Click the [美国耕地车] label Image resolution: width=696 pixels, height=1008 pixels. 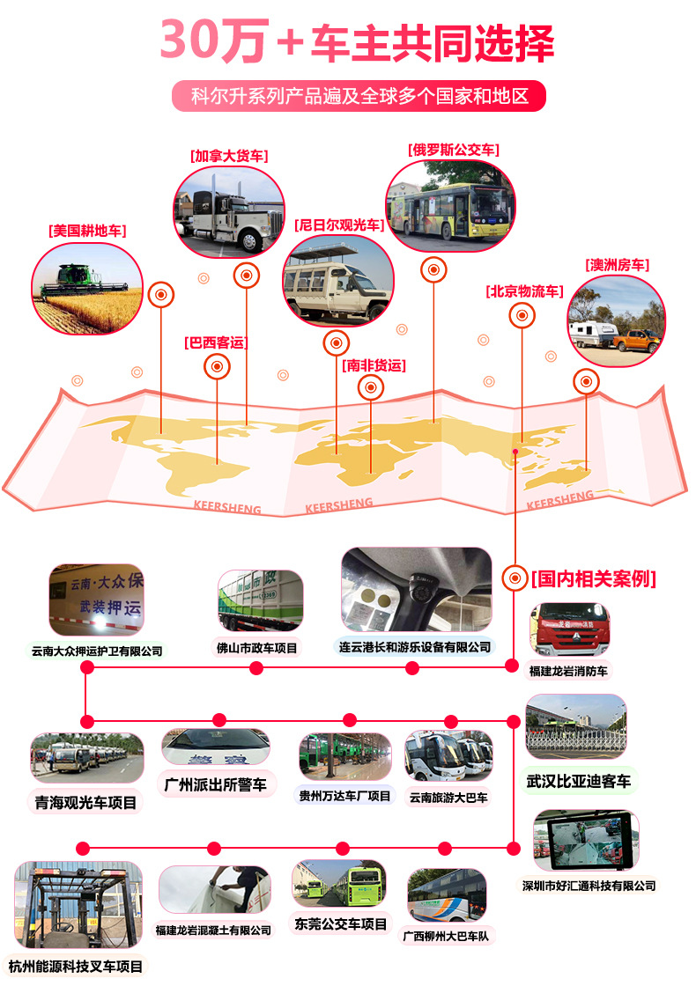point(87,231)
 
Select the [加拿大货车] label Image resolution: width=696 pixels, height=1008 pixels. point(228,156)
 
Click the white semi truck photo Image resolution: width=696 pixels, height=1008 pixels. point(228,211)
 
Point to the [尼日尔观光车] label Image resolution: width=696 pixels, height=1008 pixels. point(339,225)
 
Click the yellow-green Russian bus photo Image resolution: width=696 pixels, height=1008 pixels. point(450,206)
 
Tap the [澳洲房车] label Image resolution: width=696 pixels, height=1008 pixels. point(617,264)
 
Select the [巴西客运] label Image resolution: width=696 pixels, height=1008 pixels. point(216,342)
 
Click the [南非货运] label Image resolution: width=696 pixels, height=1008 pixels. point(374,364)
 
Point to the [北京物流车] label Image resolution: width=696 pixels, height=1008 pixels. point(524,291)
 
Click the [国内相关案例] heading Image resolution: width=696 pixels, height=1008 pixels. point(594,578)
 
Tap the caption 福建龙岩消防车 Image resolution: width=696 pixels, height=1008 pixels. point(568,671)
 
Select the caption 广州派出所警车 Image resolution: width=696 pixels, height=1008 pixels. point(216,784)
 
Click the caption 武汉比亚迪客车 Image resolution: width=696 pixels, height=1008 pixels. point(578,780)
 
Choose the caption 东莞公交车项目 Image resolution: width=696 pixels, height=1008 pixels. point(340,924)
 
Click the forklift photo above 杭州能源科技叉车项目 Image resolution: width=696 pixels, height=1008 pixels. point(78,907)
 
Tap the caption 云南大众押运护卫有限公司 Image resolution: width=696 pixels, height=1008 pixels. point(97,651)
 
